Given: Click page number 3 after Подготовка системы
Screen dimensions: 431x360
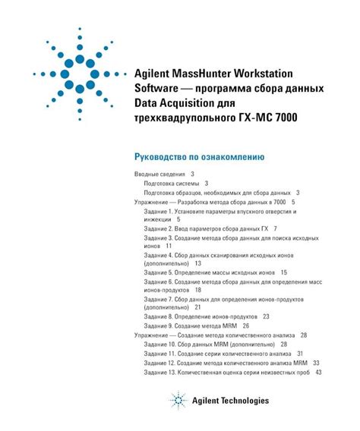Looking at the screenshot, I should click(x=207, y=183).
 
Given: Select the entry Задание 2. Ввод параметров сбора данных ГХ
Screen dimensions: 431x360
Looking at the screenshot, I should click(x=205, y=228).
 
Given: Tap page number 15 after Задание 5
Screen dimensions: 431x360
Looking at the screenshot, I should click(x=283, y=272).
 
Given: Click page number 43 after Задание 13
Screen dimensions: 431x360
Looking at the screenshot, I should click(x=318, y=372).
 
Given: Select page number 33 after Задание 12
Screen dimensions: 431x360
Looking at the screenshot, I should click(x=315, y=363).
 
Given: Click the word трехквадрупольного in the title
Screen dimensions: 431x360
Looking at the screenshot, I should click(x=179, y=117).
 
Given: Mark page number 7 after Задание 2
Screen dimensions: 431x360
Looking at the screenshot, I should click(x=275, y=228).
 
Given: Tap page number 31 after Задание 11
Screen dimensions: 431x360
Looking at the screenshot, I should click(x=300, y=353).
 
